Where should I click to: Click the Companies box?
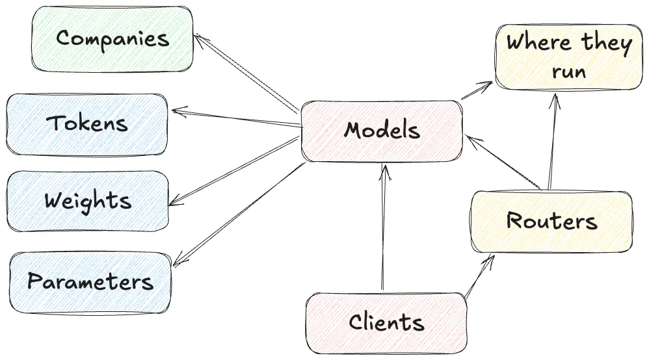point(113,38)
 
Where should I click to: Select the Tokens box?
point(87,123)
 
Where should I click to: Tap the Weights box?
point(87,199)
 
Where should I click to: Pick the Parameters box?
point(90,282)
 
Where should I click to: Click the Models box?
point(382,131)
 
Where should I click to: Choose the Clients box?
point(386,322)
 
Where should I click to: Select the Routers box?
point(551,221)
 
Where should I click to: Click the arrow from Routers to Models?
point(504,162)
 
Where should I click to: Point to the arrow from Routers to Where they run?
point(552,140)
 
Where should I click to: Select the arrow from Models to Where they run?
point(477,91)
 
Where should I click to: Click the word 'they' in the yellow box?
point(606,44)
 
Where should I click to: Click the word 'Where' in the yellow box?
point(538,44)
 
